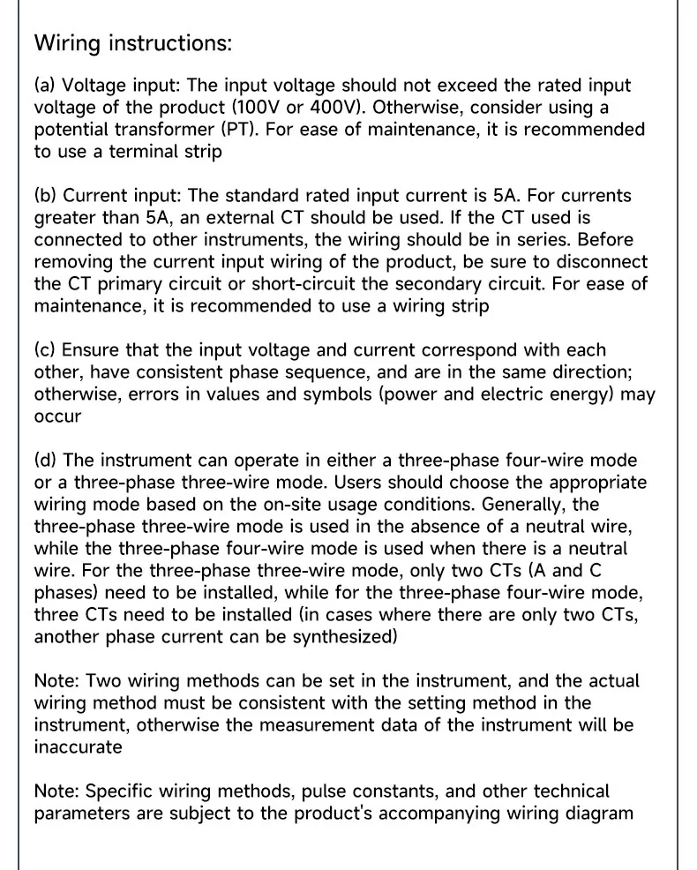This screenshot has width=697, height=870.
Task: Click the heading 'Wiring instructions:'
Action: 132,42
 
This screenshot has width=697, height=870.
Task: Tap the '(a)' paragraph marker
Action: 45,86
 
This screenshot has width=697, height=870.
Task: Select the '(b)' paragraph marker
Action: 46,196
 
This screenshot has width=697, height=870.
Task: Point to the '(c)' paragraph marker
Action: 45,350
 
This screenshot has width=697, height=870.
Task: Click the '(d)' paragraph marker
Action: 46,461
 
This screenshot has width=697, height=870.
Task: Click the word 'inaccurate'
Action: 78,747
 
